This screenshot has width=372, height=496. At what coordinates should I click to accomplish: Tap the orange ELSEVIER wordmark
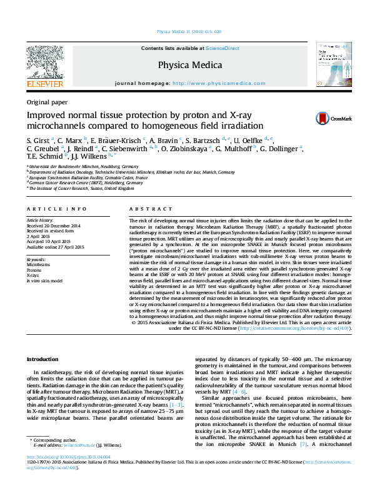tap(44, 84)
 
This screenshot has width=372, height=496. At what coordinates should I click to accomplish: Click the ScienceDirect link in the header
tap(223, 48)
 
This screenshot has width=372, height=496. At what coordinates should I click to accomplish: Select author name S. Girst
tap(38, 140)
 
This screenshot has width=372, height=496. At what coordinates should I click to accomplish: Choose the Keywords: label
tap(36, 259)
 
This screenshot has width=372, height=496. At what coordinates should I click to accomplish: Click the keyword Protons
tap(36, 270)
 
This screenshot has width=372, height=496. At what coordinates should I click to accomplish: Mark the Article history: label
tap(41, 221)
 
